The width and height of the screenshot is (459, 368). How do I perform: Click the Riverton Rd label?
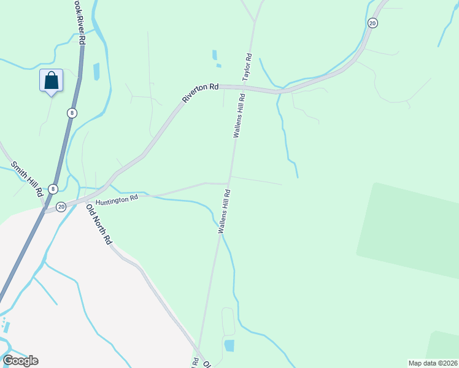pyautogui.click(x=200, y=93)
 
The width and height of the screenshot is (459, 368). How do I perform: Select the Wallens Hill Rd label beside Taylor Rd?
pyautogui.click(x=239, y=115)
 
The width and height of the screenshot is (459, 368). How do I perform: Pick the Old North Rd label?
pyautogui.click(x=99, y=224)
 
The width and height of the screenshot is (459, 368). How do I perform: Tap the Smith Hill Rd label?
pyautogui.click(x=27, y=178)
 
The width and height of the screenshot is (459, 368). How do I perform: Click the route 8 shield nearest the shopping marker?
pyautogui.click(x=72, y=113)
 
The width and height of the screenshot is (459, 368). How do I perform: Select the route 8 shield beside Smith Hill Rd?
pyautogui.click(x=53, y=189)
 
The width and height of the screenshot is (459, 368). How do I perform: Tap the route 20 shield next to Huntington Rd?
pyautogui.click(x=61, y=207)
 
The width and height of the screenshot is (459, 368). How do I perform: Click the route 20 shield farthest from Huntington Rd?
pyautogui.click(x=372, y=23)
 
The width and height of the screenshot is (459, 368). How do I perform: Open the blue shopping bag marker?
pyautogui.click(x=52, y=80)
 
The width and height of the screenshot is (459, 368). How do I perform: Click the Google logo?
pyautogui.click(x=20, y=361)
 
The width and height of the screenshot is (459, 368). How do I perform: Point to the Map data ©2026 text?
pyautogui.click(x=433, y=362)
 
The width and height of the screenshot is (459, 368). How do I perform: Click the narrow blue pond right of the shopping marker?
pyautogui.click(x=96, y=72)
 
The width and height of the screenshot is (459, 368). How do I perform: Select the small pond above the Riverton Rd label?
pyautogui.click(x=214, y=55)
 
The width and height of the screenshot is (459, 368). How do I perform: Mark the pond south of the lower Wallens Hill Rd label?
pyautogui.click(x=229, y=345)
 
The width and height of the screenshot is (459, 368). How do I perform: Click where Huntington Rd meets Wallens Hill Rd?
pyautogui.click(x=228, y=183)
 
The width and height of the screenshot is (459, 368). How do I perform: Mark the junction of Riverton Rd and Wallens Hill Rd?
pyautogui.click(x=244, y=88)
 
